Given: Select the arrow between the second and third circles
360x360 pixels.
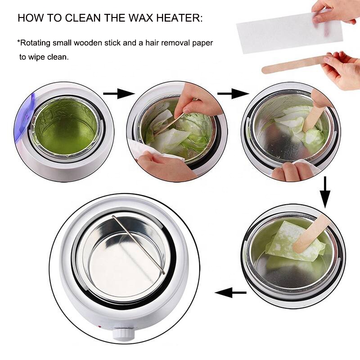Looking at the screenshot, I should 233,94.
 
